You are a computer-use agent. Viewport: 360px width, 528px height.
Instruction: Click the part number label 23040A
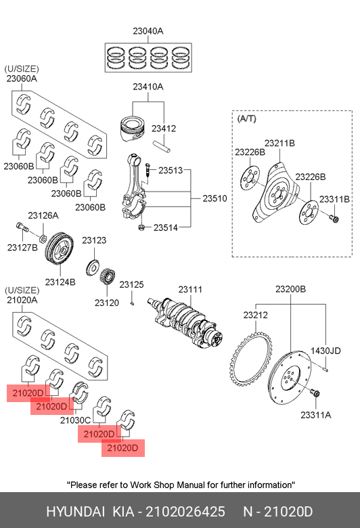pyautogui.click(x=148, y=31)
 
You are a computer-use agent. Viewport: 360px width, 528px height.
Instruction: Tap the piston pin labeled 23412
pyautogui.click(x=162, y=146)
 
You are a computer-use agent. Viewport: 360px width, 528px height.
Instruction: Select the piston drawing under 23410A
pyautogui.click(x=133, y=129)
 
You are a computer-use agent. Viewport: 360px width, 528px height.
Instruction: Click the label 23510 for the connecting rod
pyautogui.click(x=215, y=198)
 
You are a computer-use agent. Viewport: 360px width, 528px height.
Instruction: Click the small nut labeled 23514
pyautogui.click(x=142, y=228)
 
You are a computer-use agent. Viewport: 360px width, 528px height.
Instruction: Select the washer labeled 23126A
pyautogui.click(x=43, y=239)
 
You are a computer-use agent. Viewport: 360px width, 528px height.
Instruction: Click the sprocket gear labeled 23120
pyautogui.click(x=108, y=277)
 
